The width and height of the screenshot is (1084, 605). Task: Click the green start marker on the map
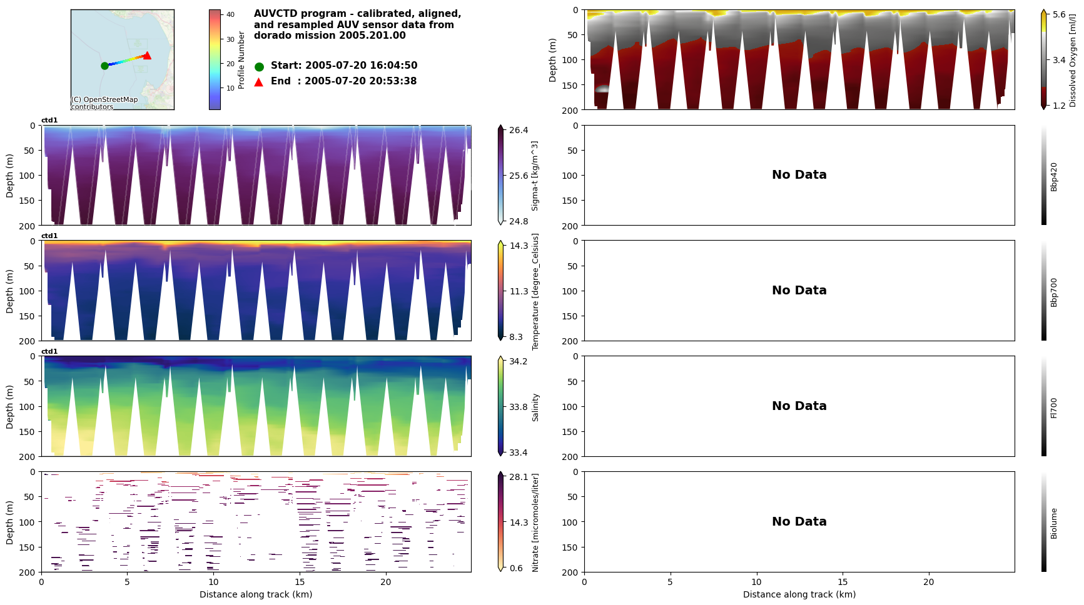(104, 66)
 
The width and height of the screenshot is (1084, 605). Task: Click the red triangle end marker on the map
(147, 56)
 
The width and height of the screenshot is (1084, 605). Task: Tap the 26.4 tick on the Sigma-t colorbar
(519, 130)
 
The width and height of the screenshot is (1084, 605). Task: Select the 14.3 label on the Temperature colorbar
(519, 246)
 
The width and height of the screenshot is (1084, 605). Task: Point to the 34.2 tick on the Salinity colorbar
(519, 361)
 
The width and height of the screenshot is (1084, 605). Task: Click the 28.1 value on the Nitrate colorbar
(519, 477)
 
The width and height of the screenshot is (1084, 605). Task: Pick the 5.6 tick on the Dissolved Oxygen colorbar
(1059, 15)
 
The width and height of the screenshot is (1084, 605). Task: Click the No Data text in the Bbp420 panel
(799, 175)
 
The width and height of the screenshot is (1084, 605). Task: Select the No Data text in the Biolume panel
(799, 522)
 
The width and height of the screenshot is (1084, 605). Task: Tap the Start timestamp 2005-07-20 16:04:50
(361, 66)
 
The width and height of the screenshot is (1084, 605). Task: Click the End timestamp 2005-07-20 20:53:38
(360, 81)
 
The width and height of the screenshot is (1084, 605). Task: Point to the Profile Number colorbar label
(241, 60)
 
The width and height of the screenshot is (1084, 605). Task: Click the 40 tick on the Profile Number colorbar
(230, 14)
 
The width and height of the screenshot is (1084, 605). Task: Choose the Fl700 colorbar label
(1054, 407)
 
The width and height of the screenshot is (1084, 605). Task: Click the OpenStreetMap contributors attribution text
(104, 103)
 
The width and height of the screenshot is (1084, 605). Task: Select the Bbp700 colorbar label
(1054, 292)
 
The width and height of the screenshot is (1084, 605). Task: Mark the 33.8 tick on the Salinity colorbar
(519, 407)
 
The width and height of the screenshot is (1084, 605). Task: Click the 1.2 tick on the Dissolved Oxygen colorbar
(1059, 106)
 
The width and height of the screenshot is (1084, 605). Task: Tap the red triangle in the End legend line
(259, 82)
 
